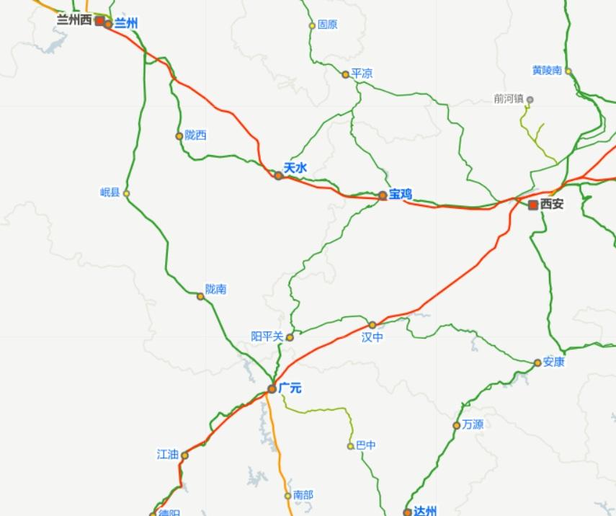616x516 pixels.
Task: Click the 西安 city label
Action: [x=553, y=205]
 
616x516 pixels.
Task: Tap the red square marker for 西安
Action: [x=533, y=205]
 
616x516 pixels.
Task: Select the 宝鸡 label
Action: [x=401, y=195]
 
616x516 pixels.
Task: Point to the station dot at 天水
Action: [x=278, y=175]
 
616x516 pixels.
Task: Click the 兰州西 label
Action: [x=74, y=20]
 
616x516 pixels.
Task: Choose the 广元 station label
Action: [x=290, y=388]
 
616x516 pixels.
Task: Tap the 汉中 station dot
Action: [x=372, y=325]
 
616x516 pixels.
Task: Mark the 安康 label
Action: [x=554, y=362]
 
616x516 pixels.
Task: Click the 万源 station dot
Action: [x=456, y=425]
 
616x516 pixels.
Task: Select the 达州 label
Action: [x=425, y=511]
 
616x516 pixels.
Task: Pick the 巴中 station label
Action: [x=366, y=445]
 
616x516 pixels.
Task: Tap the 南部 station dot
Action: [x=288, y=495]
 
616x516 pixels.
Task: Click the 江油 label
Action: [x=167, y=454]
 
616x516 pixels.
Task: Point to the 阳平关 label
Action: [x=267, y=337]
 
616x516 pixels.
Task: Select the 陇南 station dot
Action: [x=200, y=296]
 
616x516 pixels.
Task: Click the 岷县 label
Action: [x=110, y=192]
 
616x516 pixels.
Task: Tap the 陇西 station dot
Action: [x=179, y=135]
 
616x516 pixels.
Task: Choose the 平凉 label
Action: [x=362, y=74]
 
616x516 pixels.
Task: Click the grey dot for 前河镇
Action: [x=530, y=99]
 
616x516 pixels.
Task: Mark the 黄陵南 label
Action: [x=547, y=70]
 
